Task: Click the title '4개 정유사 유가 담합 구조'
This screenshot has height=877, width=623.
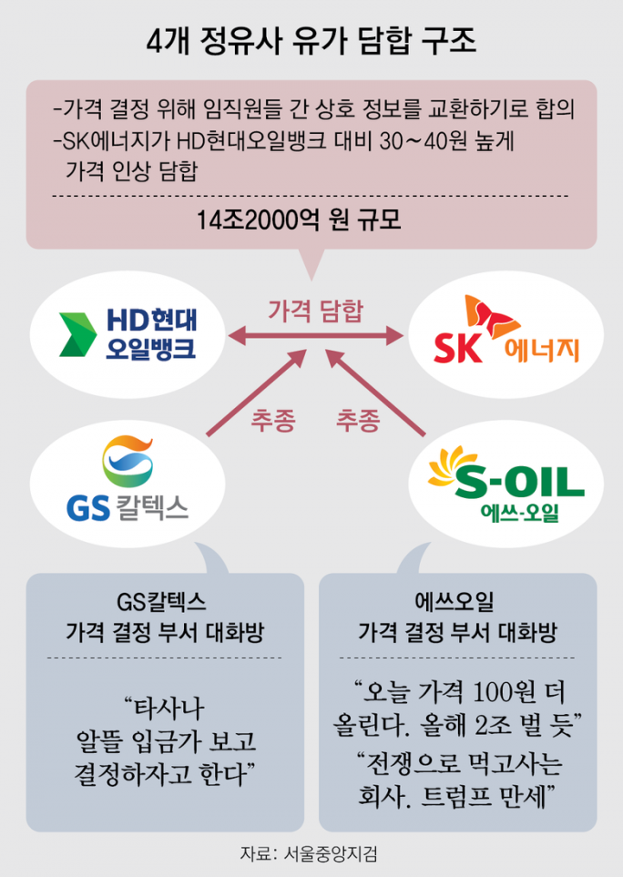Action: point(311,42)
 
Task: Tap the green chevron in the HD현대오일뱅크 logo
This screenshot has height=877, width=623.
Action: point(78,334)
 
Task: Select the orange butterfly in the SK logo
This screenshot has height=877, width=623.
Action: point(492,317)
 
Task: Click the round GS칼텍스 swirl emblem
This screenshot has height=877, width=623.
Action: point(128,462)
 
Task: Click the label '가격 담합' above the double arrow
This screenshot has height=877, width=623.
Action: point(316,311)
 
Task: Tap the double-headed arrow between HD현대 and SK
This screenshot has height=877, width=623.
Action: point(315,336)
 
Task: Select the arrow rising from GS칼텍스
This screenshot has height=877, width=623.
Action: point(257,393)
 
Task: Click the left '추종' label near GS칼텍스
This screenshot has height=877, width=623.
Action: point(272,420)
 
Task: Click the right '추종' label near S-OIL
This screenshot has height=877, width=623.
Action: point(358,420)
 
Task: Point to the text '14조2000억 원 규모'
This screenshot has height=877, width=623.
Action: point(299,220)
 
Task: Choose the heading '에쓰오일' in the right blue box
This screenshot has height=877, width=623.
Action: point(454,602)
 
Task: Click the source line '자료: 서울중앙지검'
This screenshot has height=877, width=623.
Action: point(309,853)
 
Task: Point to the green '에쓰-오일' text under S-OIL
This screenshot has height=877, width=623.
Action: point(519,512)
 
